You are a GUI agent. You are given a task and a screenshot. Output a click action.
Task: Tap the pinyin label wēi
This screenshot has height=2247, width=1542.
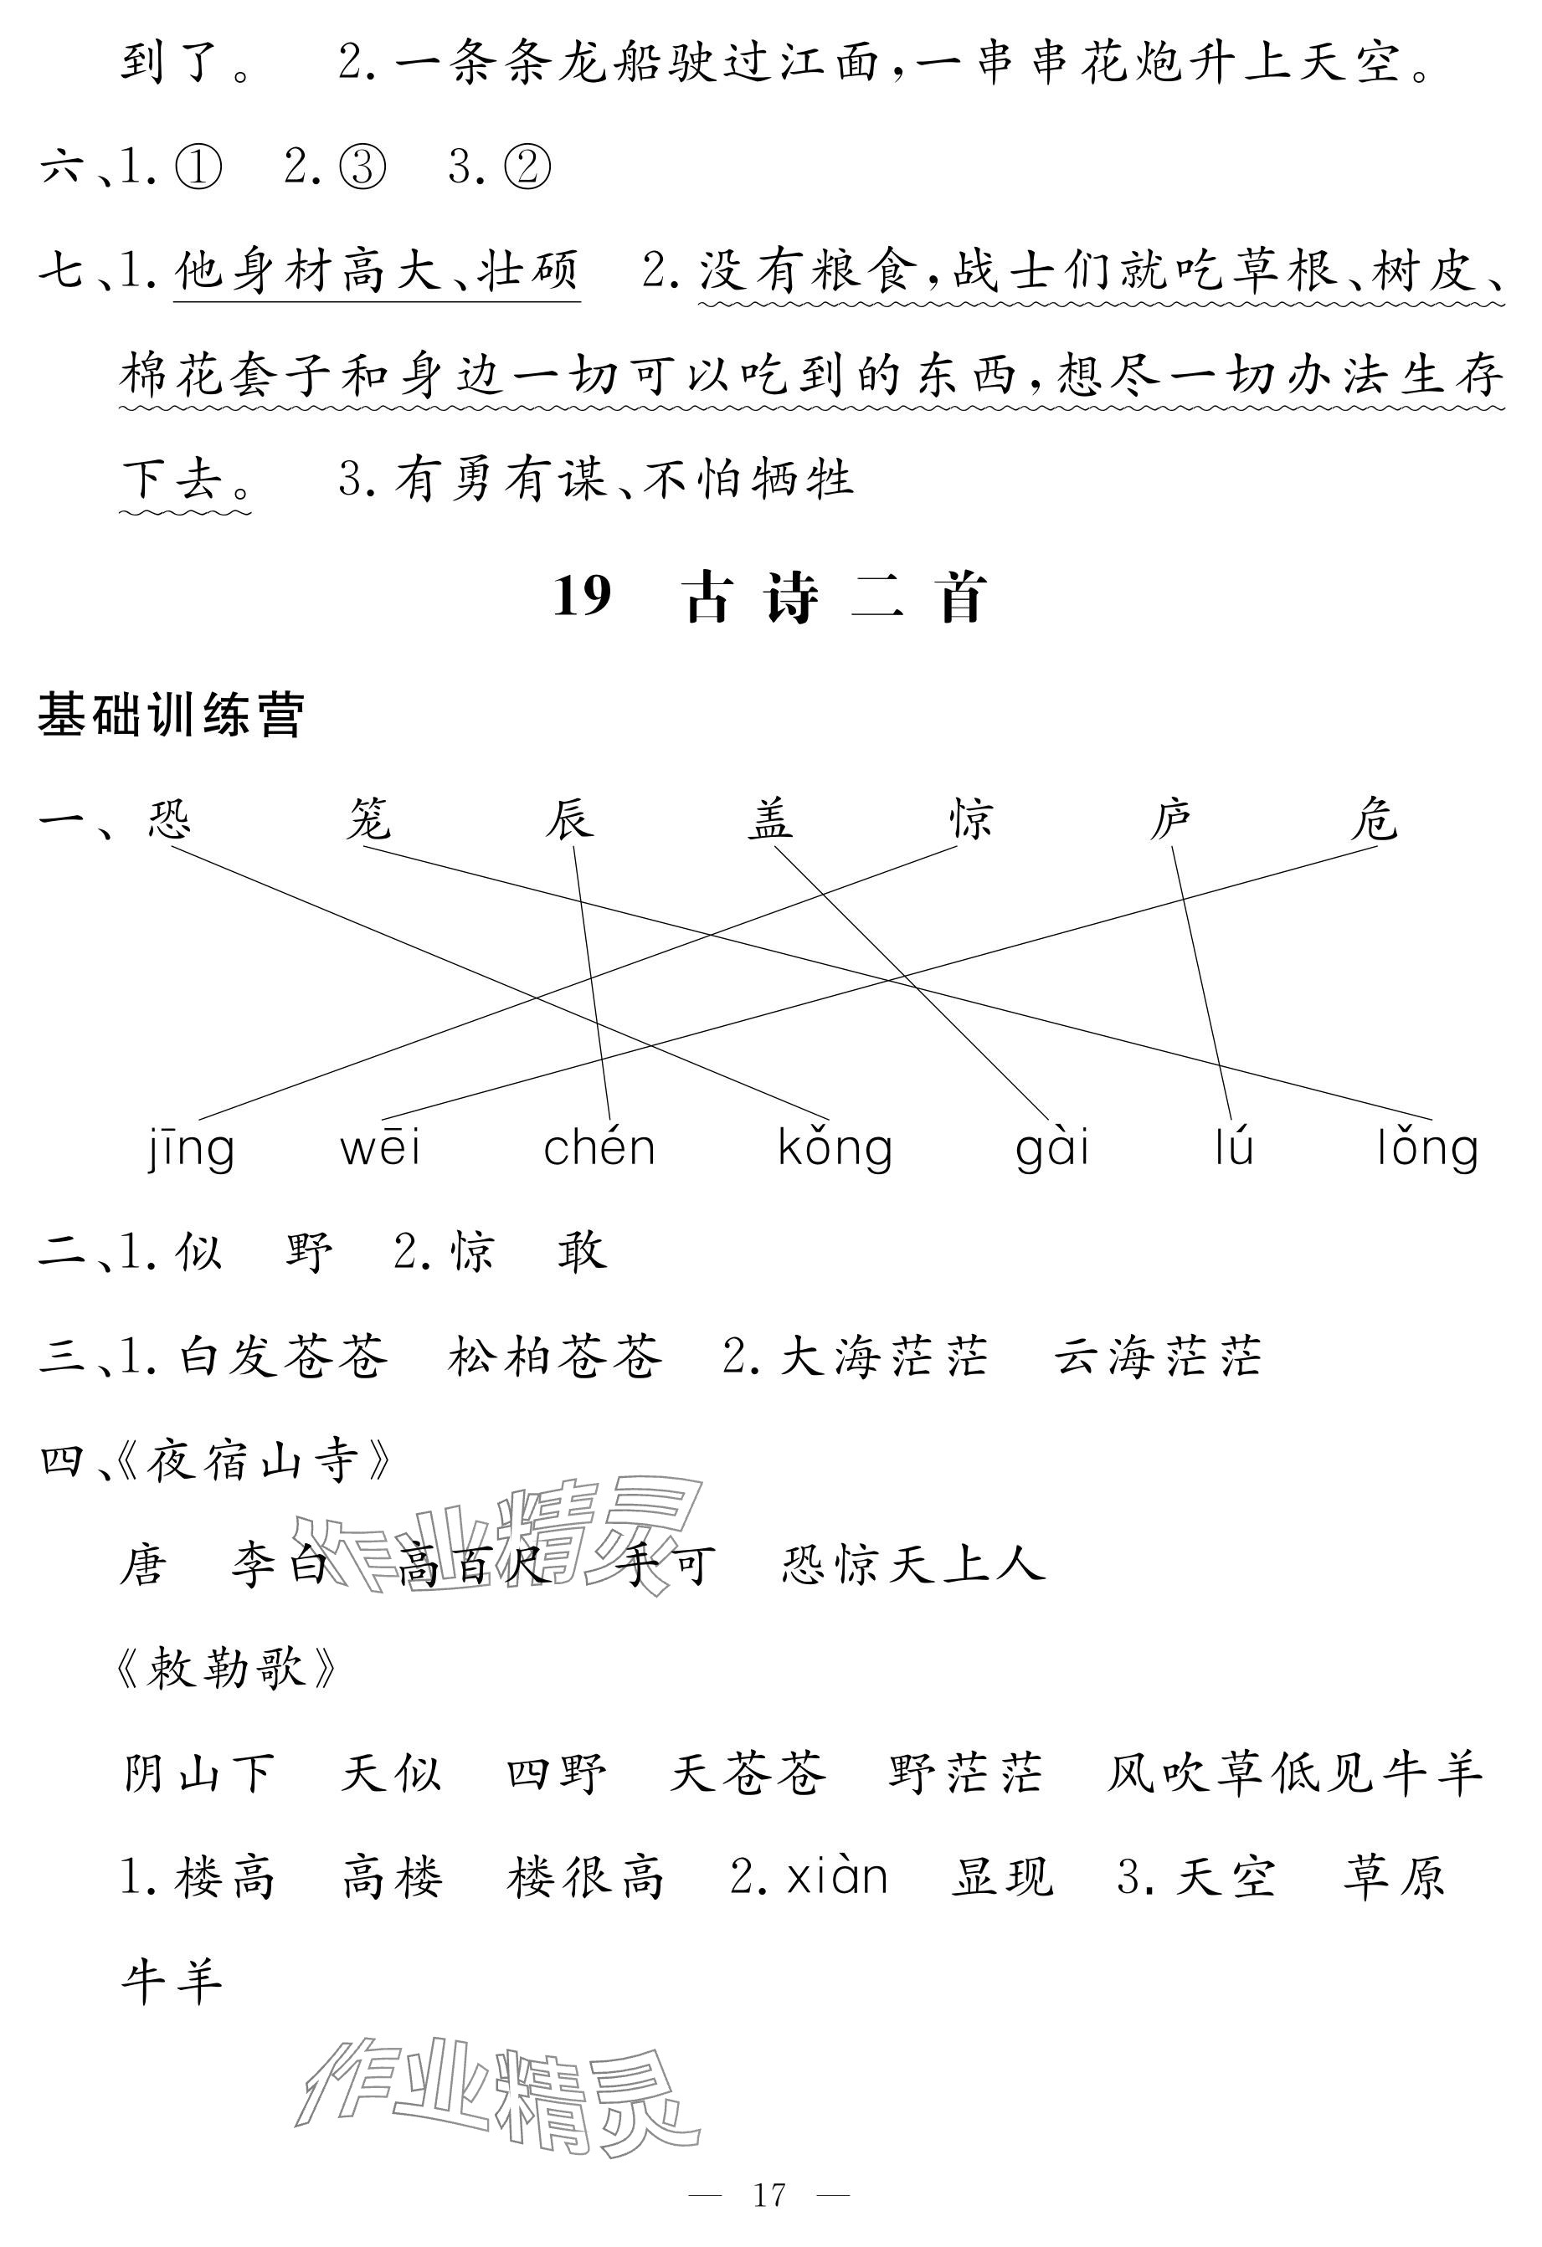point(380,1149)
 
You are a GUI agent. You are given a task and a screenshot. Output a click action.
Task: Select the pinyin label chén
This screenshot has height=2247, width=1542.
point(599,1149)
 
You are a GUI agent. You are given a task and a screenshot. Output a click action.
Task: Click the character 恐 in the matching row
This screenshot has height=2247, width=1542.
point(170,820)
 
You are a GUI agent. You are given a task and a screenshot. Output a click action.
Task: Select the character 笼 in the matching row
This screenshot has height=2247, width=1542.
point(368,820)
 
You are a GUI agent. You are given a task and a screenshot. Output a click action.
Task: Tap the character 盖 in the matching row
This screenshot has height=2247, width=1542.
point(770,820)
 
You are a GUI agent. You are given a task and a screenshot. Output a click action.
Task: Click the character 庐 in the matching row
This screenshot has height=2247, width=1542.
point(1171,820)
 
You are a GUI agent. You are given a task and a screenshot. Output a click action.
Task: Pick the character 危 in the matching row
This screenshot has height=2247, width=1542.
point(1374,820)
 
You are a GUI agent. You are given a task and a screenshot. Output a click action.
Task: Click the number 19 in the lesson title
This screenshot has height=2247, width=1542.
point(583,597)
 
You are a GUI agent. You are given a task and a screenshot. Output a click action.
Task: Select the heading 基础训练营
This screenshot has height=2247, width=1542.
point(172,716)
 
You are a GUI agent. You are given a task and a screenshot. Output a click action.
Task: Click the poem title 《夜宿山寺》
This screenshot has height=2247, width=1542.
point(254,1462)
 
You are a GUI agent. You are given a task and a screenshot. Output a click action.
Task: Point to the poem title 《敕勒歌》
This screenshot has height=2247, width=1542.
point(226,1669)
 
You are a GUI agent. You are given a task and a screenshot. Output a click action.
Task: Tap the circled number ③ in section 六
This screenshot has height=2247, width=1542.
point(362,168)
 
